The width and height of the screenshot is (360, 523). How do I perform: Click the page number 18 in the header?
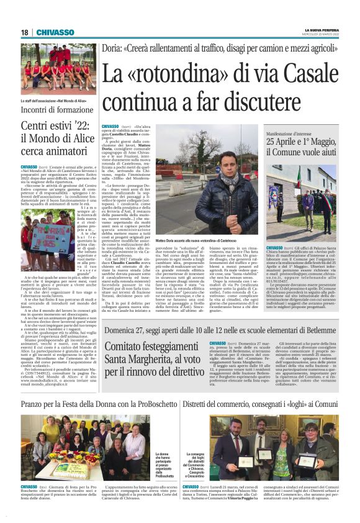click(24, 32)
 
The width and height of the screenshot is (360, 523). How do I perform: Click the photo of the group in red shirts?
click(58, 68)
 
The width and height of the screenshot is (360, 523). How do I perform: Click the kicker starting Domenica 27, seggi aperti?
click(220, 329)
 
